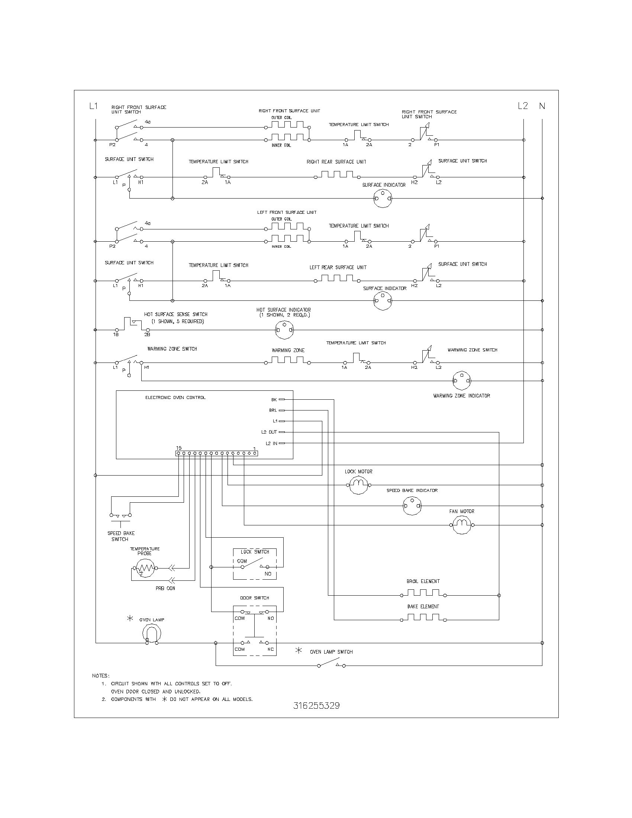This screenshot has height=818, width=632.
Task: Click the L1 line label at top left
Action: [93, 106]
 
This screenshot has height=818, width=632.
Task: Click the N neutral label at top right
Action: [542, 106]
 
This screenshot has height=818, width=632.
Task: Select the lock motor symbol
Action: [359, 485]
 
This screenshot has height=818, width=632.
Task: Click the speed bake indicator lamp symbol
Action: [412, 506]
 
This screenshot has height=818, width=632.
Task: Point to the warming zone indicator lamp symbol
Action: [462, 380]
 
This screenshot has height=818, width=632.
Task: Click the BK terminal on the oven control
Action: [281, 400]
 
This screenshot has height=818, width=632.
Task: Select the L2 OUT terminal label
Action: [269, 432]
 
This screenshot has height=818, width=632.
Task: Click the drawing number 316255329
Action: [316, 706]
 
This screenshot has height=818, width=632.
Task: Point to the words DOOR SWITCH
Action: [255, 598]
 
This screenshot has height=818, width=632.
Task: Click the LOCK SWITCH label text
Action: [255, 552]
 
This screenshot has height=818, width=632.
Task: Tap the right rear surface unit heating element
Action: [336, 174]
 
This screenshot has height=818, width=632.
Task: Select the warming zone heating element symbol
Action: [287, 360]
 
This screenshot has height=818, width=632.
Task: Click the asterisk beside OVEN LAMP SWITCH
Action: [299, 650]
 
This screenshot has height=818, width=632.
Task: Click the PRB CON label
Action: [165, 589]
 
